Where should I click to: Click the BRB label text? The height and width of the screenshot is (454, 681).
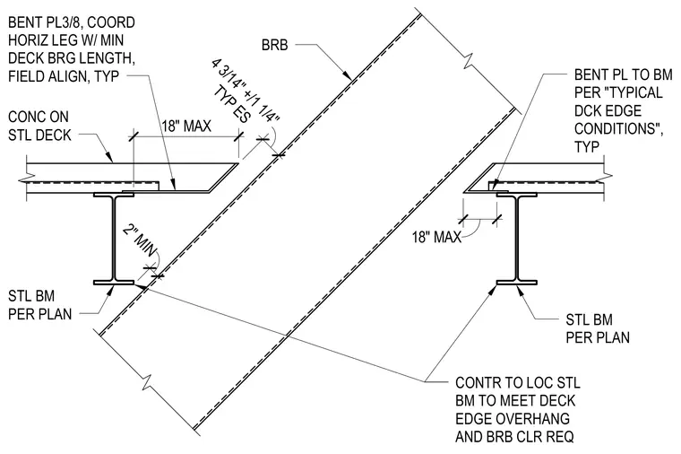(274, 45)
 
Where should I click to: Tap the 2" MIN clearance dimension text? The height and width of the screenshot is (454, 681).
(140, 240)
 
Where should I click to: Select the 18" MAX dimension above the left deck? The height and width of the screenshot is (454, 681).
(186, 127)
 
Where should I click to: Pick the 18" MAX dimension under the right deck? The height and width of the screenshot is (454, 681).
(436, 237)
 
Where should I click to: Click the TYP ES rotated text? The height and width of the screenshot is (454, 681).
(232, 105)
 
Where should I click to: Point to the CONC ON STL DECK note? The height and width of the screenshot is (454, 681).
(39, 126)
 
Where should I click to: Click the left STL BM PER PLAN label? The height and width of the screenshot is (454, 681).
(39, 305)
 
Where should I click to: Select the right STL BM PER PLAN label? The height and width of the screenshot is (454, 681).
(598, 328)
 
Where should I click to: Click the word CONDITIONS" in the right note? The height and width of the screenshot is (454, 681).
(618, 128)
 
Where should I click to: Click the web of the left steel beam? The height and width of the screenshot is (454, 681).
(114, 239)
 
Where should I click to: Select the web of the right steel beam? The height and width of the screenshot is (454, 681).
(517, 239)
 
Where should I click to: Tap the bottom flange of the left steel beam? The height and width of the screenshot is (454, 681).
(114, 283)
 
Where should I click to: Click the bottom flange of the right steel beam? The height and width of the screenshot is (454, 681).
(517, 283)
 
